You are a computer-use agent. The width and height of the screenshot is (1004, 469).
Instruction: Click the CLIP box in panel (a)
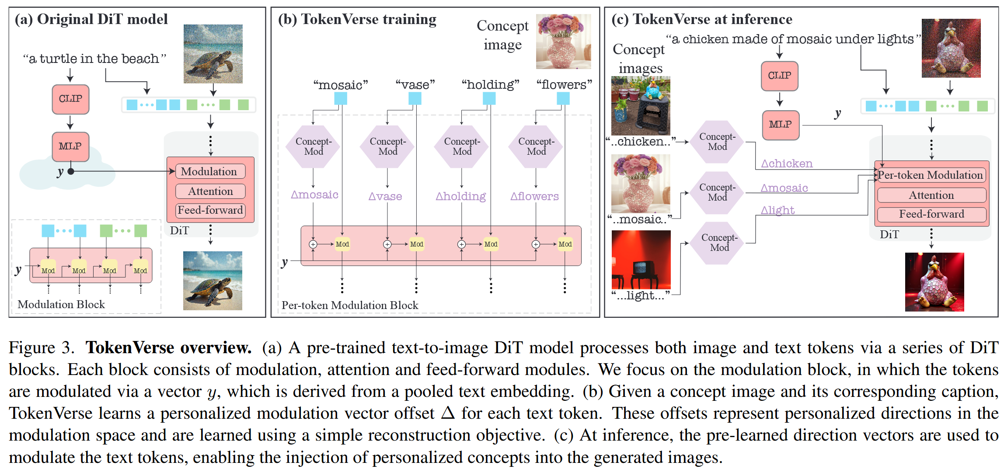tap(70, 99)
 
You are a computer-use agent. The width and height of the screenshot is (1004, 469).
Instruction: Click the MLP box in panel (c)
tap(780, 125)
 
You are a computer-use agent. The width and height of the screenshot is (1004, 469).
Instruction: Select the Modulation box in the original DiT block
tap(210, 171)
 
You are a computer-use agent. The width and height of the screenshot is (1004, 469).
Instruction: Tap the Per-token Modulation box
tap(931, 175)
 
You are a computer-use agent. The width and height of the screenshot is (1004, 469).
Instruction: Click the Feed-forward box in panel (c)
tap(931, 214)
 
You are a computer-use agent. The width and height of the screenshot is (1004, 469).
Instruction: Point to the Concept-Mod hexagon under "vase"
tap(387, 147)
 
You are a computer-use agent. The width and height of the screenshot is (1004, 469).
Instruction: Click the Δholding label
tap(460, 197)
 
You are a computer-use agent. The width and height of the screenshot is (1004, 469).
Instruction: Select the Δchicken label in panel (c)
tap(786, 164)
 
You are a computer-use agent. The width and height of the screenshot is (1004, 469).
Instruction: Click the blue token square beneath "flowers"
tap(563, 99)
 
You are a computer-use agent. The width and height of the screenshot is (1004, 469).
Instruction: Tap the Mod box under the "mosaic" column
tap(342, 244)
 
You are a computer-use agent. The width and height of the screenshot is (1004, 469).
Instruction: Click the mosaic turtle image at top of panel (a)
tap(213, 54)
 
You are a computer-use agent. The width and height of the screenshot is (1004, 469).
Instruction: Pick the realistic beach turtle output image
tap(213, 281)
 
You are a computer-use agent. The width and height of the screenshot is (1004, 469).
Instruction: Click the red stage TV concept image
tap(641, 259)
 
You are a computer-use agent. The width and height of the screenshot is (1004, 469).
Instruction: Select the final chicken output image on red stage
tap(934, 281)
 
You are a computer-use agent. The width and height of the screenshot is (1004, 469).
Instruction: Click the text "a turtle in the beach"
tap(95, 59)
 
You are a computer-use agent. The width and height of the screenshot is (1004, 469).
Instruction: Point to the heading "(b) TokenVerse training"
tap(357, 20)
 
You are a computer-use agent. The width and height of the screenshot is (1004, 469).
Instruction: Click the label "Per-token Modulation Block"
tap(350, 305)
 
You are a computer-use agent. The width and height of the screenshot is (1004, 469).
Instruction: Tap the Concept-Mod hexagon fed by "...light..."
tap(719, 243)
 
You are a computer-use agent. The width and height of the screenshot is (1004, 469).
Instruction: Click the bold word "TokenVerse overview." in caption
tap(168, 348)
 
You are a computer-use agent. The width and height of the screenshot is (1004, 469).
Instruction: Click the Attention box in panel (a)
tap(210, 191)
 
